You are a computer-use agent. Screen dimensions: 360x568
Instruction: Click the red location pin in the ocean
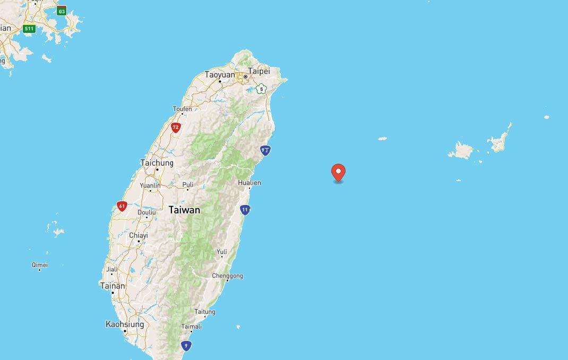[x=338, y=172]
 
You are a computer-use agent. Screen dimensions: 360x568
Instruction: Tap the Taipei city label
[x=260, y=71]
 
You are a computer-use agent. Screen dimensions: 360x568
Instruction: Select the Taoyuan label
[x=220, y=75]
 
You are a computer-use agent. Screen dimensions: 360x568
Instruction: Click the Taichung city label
[x=157, y=163]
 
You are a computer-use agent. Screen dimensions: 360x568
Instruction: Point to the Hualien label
[x=249, y=183]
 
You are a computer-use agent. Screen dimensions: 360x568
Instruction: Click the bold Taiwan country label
[x=184, y=210]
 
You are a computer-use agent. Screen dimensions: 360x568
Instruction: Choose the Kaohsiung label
[x=125, y=324]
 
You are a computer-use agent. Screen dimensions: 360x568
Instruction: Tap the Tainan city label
[x=113, y=286]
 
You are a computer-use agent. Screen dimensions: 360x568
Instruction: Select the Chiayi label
[x=139, y=235]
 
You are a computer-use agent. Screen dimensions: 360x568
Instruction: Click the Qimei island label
[x=40, y=264]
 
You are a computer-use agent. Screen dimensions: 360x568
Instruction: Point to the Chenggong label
[x=227, y=276]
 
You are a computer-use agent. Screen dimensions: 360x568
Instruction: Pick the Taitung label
[x=205, y=312]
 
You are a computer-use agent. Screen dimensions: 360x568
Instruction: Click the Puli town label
[x=187, y=185]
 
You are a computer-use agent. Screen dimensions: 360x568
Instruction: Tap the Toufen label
[x=182, y=109]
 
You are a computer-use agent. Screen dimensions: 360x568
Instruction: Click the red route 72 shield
[x=176, y=127]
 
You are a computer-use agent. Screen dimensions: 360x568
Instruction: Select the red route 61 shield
[x=122, y=206]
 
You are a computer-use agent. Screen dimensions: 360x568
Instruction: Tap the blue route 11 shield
[x=245, y=210]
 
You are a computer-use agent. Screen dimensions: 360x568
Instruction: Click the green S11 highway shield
[x=29, y=29]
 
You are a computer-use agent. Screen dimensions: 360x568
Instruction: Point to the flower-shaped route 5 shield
[x=260, y=89]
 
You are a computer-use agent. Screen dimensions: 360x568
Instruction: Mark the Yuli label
[x=221, y=252]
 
